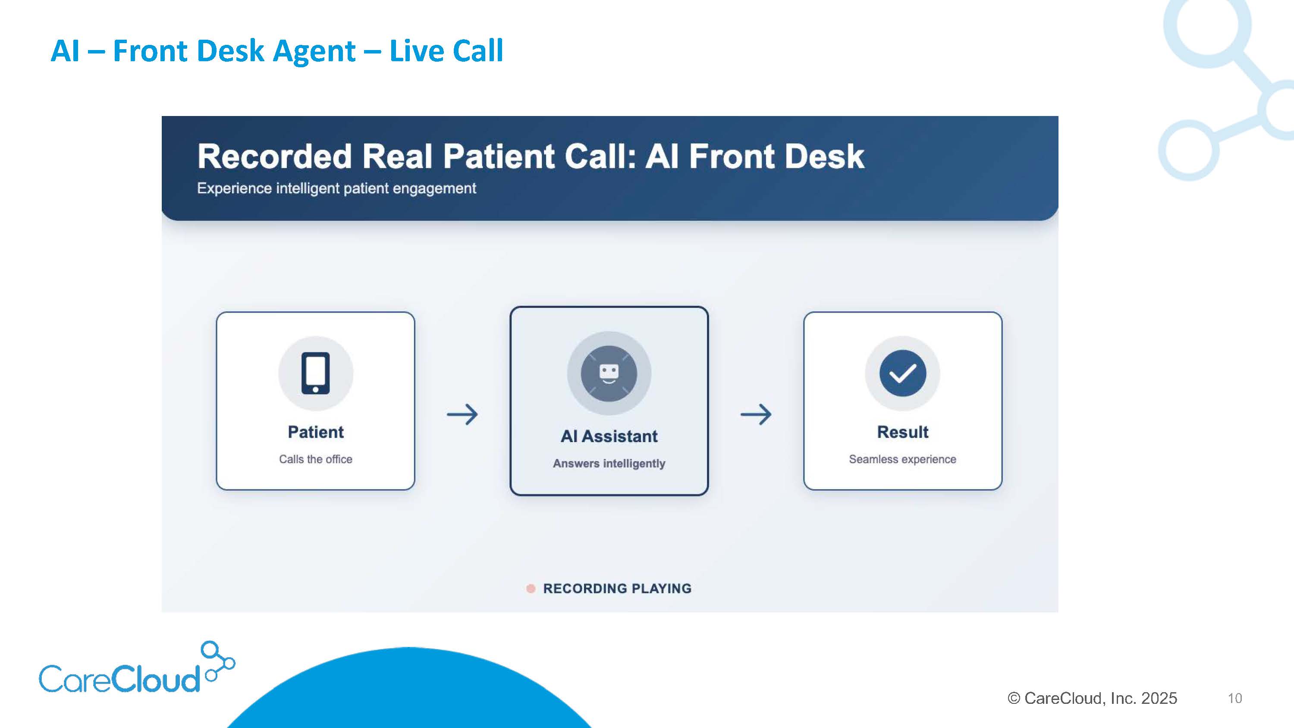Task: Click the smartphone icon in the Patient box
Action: tap(315, 373)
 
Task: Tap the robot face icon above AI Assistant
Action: tap(609, 373)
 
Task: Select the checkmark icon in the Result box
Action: tap(903, 373)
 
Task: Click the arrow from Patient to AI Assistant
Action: tap(462, 414)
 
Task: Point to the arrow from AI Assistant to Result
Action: tap(756, 414)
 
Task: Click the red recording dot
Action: tap(531, 588)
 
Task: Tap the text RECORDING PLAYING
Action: tap(617, 588)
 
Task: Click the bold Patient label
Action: tap(315, 432)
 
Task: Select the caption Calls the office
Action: tap(315, 459)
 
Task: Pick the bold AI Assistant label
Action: tap(609, 436)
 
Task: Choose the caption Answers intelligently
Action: tap(609, 463)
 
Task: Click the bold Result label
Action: tap(903, 432)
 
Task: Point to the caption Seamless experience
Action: tap(903, 459)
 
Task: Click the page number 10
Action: tap(1235, 698)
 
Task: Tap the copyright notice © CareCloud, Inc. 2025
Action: tap(1092, 698)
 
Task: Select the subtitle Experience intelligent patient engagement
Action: tap(336, 188)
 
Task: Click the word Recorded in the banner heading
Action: tap(274, 156)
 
